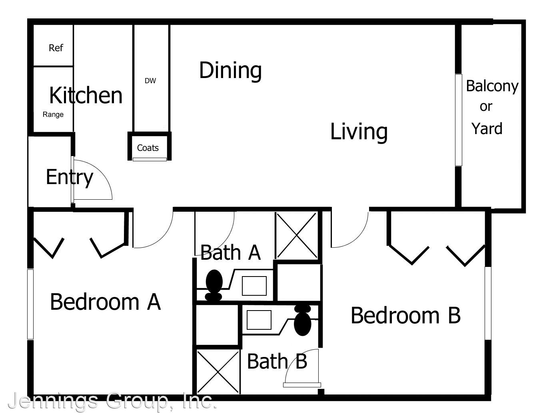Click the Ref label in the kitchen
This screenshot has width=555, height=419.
(x=56, y=48)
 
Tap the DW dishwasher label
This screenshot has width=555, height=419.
(x=150, y=81)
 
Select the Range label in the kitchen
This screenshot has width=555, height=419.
(x=53, y=114)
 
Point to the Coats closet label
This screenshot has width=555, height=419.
(x=148, y=148)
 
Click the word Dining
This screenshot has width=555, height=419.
(x=230, y=70)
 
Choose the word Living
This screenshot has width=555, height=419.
(x=359, y=132)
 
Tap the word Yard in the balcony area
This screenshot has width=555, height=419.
(x=487, y=128)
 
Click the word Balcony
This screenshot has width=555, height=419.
(x=492, y=86)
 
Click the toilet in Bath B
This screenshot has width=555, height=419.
(x=303, y=321)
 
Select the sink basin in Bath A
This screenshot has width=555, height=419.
(x=254, y=286)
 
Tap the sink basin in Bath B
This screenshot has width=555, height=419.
(x=259, y=320)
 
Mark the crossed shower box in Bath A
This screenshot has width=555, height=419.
(x=297, y=236)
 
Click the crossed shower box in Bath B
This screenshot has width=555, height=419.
(x=218, y=372)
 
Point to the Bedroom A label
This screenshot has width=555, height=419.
(x=106, y=302)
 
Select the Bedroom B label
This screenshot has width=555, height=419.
(x=405, y=315)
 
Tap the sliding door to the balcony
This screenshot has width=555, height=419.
(x=459, y=120)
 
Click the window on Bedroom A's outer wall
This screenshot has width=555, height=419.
(x=30, y=304)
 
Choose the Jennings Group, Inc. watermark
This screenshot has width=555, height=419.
(x=112, y=401)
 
